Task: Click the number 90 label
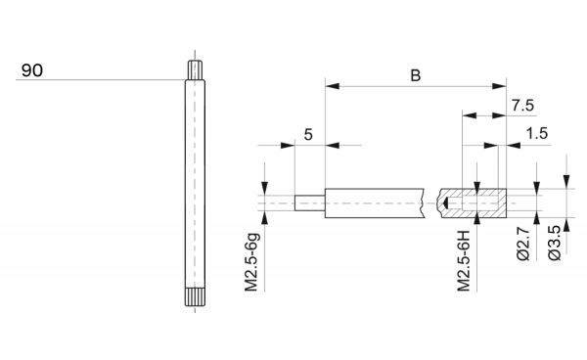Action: (32, 70)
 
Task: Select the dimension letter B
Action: (416, 75)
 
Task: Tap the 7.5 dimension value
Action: (522, 106)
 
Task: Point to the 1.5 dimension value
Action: (537, 133)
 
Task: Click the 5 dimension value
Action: (308, 134)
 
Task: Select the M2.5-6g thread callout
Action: (251, 262)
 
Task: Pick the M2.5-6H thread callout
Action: (464, 261)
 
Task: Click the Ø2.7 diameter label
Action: (523, 244)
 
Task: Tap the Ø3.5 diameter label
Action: (555, 243)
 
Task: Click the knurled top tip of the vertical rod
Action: (195, 70)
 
